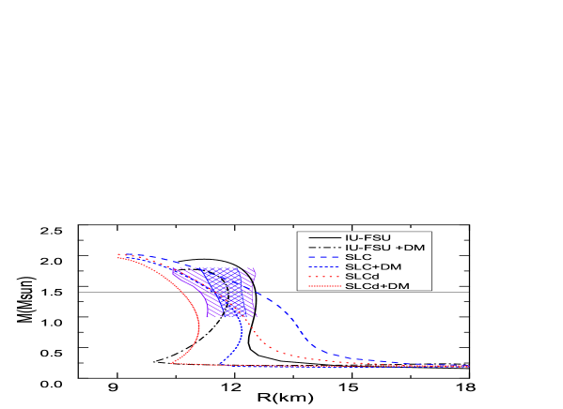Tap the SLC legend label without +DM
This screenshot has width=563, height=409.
click(x=358, y=257)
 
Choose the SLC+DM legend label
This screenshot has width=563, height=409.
click(x=372, y=266)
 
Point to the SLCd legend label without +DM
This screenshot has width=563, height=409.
click(x=362, y=276)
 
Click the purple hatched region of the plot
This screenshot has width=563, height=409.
click(x=215, y=291)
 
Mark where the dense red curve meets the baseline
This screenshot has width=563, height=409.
click(x=173, y=362)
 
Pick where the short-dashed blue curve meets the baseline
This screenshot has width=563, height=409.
click(x=221, y=363)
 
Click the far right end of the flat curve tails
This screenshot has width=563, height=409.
click(x=467, y=366)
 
